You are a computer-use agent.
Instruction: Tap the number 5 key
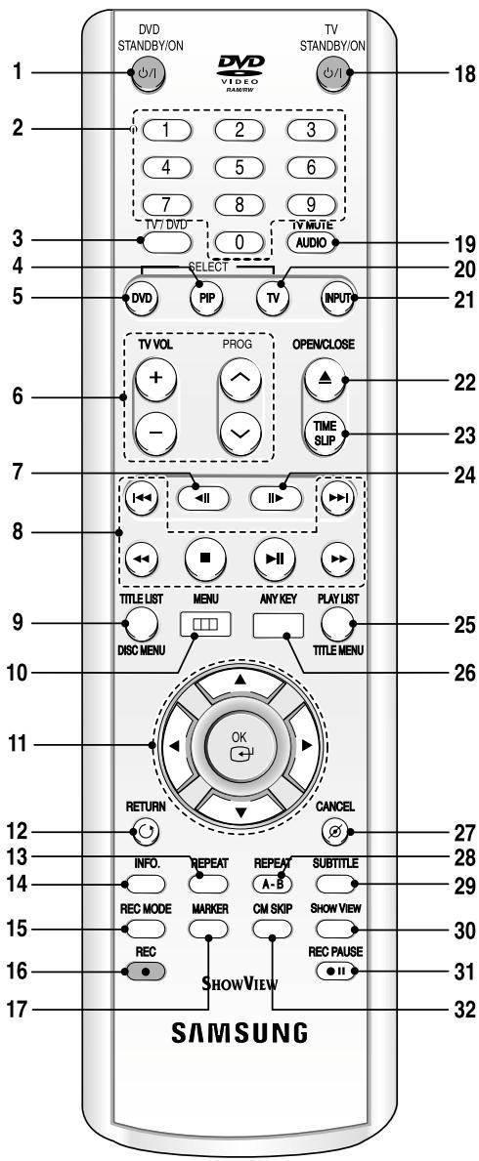pyautogui.click(x=239, y=166)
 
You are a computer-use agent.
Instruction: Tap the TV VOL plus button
pyautogui.click(x=155, y=378)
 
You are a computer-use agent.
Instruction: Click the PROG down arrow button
pyautogui.click(x=239, y=432)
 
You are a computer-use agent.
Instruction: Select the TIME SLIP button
pyautogui.click(x=325, y=432)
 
